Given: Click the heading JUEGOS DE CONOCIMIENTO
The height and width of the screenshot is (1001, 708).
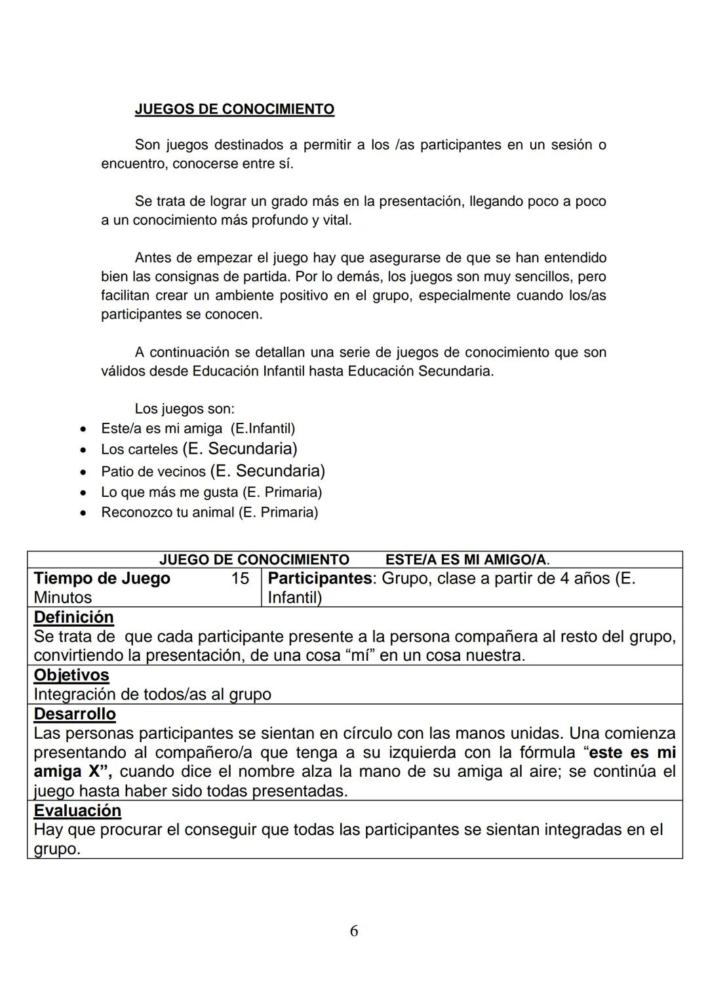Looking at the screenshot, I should (x=234, y=109).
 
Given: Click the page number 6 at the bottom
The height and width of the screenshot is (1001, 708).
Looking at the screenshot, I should (x=354, y=931).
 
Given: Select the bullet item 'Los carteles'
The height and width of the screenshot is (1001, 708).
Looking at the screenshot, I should (x=139, y=450).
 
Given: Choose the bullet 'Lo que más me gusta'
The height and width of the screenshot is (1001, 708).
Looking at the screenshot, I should (x=170, y=492).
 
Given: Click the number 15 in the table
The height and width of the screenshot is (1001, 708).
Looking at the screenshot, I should (x=240, y=578).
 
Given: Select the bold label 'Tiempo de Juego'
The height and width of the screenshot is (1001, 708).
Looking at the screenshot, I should (x=102, y=578).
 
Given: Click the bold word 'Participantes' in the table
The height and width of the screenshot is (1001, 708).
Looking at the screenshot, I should (x=319, y=578).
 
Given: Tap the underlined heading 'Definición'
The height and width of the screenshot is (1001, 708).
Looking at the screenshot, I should (x=73, y=618).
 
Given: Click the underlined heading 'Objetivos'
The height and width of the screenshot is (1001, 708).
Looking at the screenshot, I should (x=71, y=675).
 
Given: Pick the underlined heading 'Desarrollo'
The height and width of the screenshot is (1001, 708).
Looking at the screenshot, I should (x=74, y=714).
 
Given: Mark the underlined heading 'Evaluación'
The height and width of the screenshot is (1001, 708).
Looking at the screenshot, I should (x=77, y=811).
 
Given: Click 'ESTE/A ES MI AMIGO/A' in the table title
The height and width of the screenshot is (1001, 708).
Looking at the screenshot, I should (x=466, y=560).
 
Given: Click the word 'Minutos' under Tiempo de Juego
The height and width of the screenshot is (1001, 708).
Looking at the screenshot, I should (x=62, y=597).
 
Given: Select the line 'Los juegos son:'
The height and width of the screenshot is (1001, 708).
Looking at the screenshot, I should (x=184, y=409).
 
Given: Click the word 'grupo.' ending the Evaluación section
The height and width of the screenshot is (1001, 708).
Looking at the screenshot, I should (x=56, y=850).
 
